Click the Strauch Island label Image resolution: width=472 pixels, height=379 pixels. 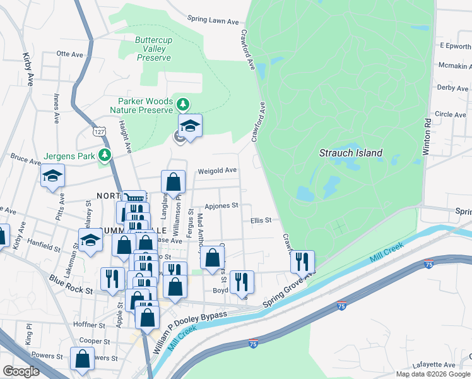pyautogui.click(x=350, y=153)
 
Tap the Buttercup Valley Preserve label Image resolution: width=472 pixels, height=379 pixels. pyautogui.click(x=154, y=49)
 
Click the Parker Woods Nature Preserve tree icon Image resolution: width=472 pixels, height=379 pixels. pyautogui.click(x=183, y=104)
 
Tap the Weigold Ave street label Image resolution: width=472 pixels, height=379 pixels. pyautogui.click(x=217, y=171)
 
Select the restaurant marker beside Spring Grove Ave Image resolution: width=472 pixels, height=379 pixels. pyautogui.click(x=303, y=262)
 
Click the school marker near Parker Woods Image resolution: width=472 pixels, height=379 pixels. pyautogui.click(x=190, y=124)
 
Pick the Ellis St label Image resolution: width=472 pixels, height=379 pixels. pyautogui.click(x=260, y=220)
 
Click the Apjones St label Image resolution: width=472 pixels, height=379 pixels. pyautogui.click(x=221, y=206)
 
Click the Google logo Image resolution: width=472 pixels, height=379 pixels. pyautogui.click(x=20, y=371)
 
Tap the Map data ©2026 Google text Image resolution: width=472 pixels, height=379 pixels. pyautogui.click(x=433, y=374)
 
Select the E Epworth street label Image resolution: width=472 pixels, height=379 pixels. pyautogui.click(x=454, y=46)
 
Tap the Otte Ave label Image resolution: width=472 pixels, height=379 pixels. pyautogui.click(x=70, y=54)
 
